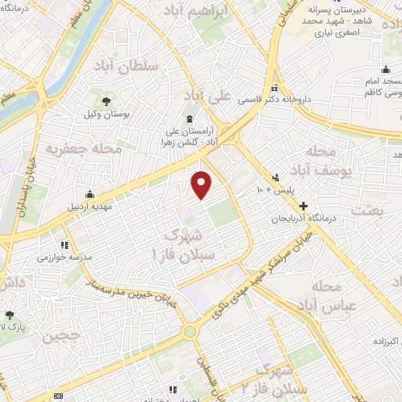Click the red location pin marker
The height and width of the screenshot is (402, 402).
click(202, 185)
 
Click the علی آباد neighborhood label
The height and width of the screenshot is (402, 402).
click(207, 95)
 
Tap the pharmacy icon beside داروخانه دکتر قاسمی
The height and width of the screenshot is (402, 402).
click(274, 88)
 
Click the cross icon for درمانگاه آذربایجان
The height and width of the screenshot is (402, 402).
click(304, 204)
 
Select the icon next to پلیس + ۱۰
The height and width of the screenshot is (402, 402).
click(276, 177)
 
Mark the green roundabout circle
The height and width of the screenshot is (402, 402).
click(189, 331)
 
